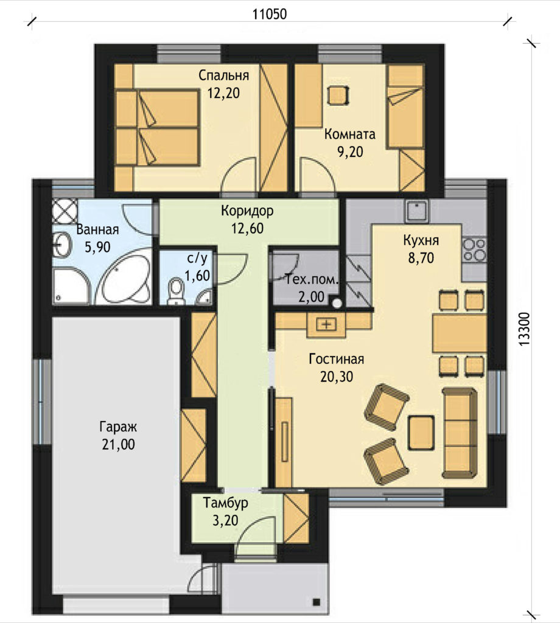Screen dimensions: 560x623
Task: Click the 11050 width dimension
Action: coord(270,15)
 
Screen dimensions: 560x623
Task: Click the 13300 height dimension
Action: coord(525,329)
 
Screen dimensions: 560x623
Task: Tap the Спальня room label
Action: coord(224,75)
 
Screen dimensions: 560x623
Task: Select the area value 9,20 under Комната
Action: coord(350,151)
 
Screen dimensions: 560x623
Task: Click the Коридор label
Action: coord(247,211)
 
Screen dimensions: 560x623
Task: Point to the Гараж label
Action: coord(118,427)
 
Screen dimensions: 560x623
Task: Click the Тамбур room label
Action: coord(226,503)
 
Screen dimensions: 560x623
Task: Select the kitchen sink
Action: coord(416,211)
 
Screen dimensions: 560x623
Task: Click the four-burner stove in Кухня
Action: coord(474,249)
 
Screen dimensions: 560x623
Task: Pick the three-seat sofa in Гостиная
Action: coord(460,433)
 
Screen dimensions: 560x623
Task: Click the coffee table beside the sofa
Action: coord(421,433)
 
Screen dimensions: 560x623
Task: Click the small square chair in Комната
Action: coord(338,96)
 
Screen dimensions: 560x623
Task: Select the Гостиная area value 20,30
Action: coord(337,376)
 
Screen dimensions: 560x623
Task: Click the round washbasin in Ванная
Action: coord(62,244)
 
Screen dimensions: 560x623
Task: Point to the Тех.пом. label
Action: coord(312,280)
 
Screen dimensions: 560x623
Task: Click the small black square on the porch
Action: coord(317,602)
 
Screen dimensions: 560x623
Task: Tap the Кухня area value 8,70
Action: coord(421,258)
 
